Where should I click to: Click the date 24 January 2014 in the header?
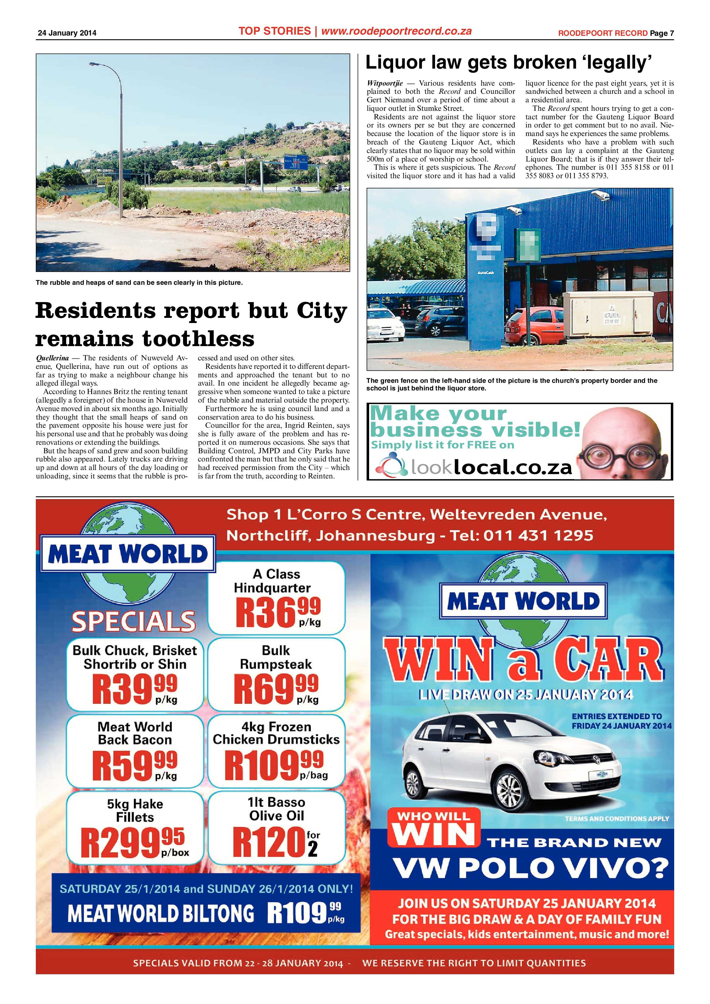click(x=67, y=33)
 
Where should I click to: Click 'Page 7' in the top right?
click(x=661, y=33)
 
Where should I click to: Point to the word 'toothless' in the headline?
click(x=199, y=339)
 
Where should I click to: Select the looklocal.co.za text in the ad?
click(x=491, y=468)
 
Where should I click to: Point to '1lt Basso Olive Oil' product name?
click(x=276, y=808)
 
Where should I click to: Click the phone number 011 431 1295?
click(x=538, y=535)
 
